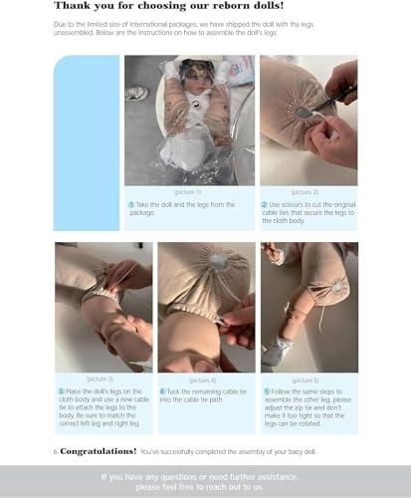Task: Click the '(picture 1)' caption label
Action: pos(187,190)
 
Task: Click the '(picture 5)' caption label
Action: pos(308,379)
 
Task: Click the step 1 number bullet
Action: pos(130,204)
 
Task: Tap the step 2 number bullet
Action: pos(265,204)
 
